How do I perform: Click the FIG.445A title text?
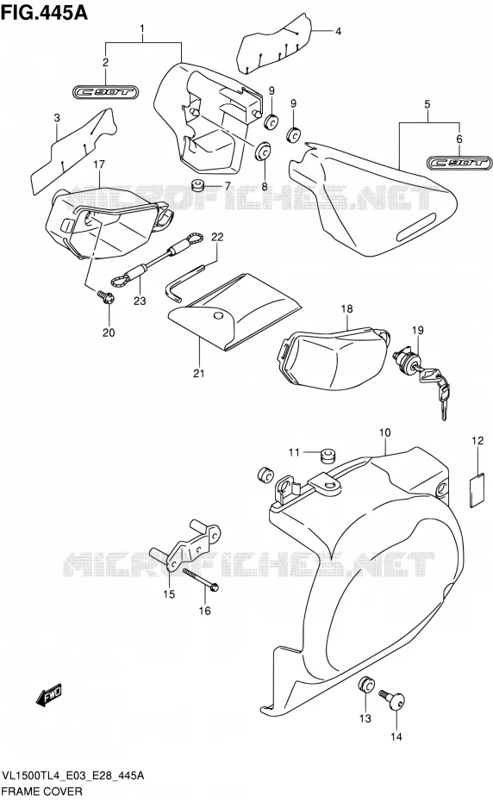click(44, 11)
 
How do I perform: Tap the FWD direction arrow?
click(48, 695)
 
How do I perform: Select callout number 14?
click(396, 736)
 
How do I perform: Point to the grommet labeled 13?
click(365, 684)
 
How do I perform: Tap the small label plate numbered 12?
click(477, 491)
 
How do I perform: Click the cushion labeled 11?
click(328, 454)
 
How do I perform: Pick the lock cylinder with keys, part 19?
click(421, 378)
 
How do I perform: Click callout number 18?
click(346, 308)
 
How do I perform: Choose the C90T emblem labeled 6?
click(459, 163)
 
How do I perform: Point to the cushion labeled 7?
click(197, 185)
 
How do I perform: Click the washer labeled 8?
click(264, 151)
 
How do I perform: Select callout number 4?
click(338, 31)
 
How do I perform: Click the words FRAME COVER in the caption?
click(42, 792)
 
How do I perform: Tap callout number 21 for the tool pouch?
click(199, 374)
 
